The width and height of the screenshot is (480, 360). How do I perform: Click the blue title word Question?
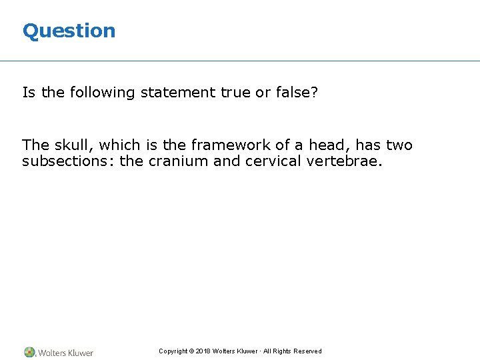(69, 31)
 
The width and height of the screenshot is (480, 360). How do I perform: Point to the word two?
(399, 145)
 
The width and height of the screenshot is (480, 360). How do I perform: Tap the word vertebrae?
(345, 161)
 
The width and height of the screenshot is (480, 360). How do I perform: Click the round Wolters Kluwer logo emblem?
(30, 352)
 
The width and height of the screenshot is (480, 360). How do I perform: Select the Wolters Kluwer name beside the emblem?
(65, 353)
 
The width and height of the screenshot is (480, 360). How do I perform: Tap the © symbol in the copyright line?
(192, 351)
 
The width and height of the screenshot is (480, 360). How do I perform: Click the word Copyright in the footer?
(173, 351)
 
